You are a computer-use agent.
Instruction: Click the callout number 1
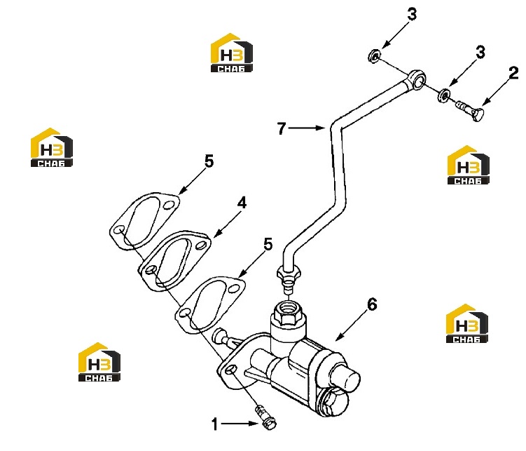tap(215, 424)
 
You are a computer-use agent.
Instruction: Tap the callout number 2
tap(513, 73)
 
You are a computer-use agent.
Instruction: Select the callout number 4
tap(242, 203)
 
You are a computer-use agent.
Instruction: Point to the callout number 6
tap(372, 304)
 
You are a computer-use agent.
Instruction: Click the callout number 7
tap(282, 128)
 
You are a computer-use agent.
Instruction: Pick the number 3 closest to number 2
tap(480, 53)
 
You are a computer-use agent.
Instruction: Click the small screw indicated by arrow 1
tap(265, 417)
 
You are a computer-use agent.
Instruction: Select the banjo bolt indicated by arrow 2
tap(471, 110)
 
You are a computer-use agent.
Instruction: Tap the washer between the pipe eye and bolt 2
tap(443, 95)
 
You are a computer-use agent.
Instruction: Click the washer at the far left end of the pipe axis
tap(374, 55)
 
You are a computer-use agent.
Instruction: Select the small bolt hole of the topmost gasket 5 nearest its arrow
tap(169, 205)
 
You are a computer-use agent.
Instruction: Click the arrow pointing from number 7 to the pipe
tap(307, 128)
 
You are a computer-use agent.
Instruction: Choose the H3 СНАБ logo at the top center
tap(231, 53)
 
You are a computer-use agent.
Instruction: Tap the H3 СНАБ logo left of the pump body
tap(99, 362)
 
